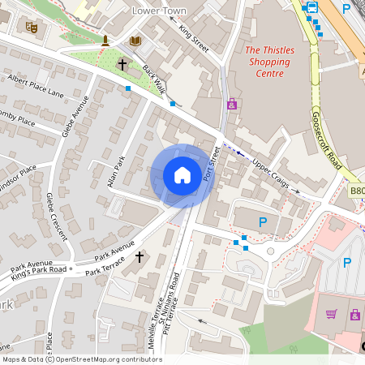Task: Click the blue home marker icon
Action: [x=182, y=175]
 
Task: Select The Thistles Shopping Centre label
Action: [x=269, y=62]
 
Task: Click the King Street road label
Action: [x=195, y=39]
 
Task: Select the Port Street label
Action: [x=213, y=162]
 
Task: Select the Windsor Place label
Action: [x=18, y=173]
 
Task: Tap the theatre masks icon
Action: [x=32, y=28]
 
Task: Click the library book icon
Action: [x=134, y=41]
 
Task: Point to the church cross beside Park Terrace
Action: [x=139, y=257]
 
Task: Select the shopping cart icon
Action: [x=331, y=314]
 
